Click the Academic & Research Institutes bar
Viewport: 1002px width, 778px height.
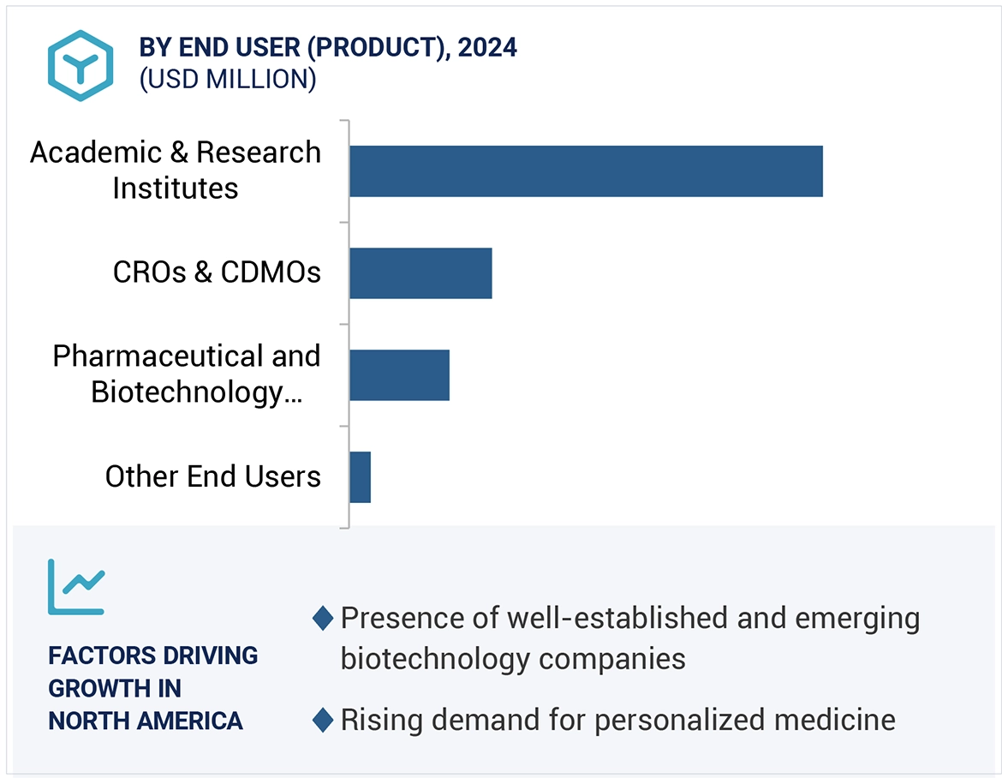coord(586,171)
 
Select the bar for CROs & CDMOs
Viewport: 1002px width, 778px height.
coord(420,273)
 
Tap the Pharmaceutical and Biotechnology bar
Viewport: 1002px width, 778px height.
coord(399,375)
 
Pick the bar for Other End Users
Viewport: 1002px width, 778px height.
coord(360,477)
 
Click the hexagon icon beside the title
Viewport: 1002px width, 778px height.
coord(81,66)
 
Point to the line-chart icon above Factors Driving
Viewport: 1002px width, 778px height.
coord(76,587)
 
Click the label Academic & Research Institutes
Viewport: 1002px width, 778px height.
coord(176,170)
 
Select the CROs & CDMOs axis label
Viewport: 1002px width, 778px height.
coord(217,272)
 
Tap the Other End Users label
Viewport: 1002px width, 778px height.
coord(212,476)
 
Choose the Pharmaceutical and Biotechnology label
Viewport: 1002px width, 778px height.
coord(186,374)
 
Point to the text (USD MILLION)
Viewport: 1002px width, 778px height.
coord(228,80)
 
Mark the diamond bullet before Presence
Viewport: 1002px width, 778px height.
coord(323,618)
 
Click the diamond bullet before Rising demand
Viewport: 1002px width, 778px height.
coord(323,720)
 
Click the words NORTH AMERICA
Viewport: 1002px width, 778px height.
coord(146,721)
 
